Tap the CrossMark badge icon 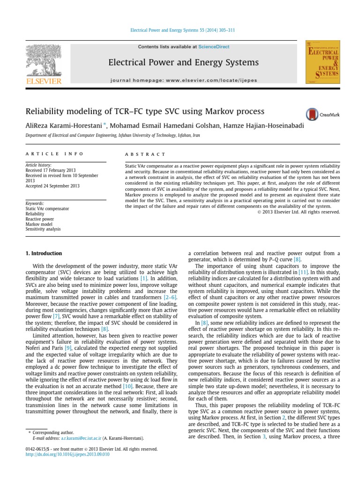click(312, 114)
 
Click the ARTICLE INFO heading click(54, 154)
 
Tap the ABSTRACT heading click(145, 154)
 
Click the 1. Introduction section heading click(43, 254)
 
